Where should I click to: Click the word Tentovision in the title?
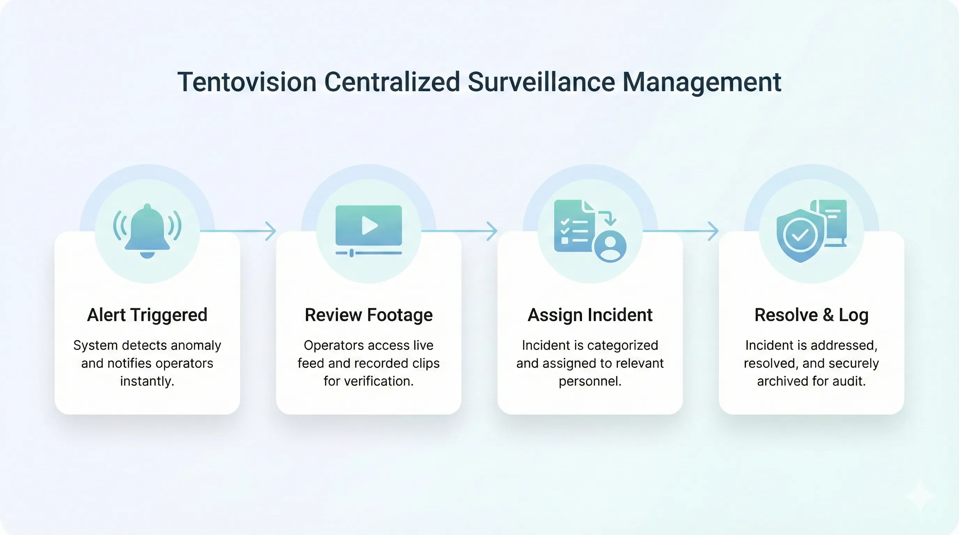tap(247, 82)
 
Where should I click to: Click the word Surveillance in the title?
tap(541, 82)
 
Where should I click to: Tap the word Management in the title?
tap(702, 82)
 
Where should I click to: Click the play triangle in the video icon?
tap(370, 225)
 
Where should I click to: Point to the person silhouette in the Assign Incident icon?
tap(610, 246)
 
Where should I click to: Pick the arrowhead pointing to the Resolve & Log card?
tap(714, 231)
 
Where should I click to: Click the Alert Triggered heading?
tap(147, 315)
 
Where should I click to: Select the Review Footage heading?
tap(369, 315)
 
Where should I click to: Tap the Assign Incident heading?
tap(590, 315)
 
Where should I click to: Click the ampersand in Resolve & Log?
tap(828, 315)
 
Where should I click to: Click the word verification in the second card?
tap(378, 381)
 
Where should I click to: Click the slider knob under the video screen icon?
tap(351, 253)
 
